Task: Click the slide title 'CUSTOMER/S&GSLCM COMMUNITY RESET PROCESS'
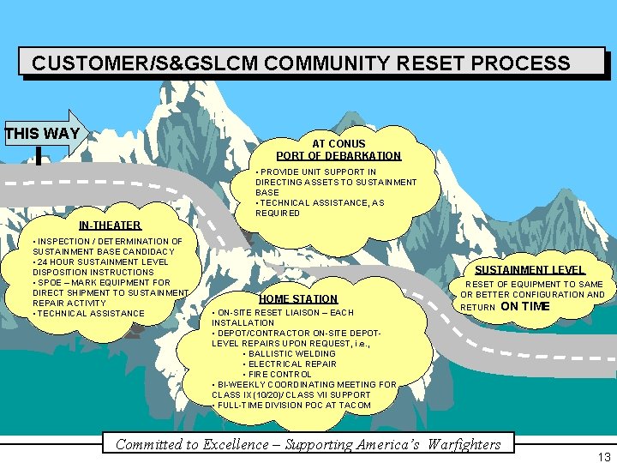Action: [301, 63]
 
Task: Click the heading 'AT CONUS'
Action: [338, 143]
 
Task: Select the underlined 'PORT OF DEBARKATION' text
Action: [338, 156]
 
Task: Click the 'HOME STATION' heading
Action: [298, 298]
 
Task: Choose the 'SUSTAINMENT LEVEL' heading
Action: [530, 269]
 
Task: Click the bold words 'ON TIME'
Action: [525, 306]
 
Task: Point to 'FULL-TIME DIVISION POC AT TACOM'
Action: [293, 405]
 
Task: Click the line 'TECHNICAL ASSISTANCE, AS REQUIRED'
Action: [319, 207]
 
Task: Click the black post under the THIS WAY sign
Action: [39, 155]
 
